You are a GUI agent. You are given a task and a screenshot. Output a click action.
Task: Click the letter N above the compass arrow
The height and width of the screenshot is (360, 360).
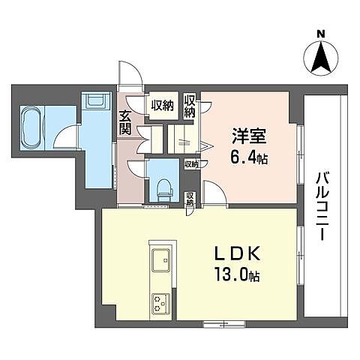click(320, 33)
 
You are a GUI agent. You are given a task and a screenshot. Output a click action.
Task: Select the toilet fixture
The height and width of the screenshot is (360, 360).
click(163, 187)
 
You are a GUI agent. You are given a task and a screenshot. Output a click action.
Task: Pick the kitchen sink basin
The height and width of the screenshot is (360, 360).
click(162, 260)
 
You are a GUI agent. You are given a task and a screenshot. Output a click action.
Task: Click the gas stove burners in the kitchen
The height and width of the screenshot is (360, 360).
click(161, 304)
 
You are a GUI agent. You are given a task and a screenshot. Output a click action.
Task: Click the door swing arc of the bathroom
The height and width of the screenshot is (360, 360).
click(69, 133)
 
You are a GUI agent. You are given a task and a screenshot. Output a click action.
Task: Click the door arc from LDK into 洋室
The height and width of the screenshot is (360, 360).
click(211, 195)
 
